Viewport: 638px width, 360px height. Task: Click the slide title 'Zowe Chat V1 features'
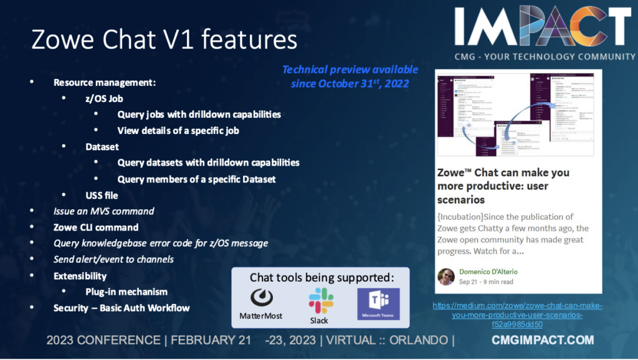point(164,39)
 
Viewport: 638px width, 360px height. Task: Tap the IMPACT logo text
point(543,28)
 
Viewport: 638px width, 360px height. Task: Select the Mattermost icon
point(261,298)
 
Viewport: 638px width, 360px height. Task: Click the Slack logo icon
point(321,299)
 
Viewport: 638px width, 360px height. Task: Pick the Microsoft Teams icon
point(378,303)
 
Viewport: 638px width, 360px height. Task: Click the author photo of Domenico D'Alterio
point(446,277)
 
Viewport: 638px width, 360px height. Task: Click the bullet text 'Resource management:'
point(104,82)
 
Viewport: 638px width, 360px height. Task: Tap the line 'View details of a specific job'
point(178,131)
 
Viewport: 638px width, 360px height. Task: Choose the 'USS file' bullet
point(102,195)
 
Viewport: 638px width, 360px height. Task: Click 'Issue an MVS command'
point(103,211)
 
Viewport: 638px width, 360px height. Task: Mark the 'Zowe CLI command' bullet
point(96,227)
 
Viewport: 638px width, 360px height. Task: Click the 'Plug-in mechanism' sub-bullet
point(126,291)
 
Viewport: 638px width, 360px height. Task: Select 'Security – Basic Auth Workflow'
point(121,308)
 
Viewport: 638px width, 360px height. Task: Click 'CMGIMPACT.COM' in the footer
point(542,340)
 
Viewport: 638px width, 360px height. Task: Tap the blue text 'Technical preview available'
point(350,70)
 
